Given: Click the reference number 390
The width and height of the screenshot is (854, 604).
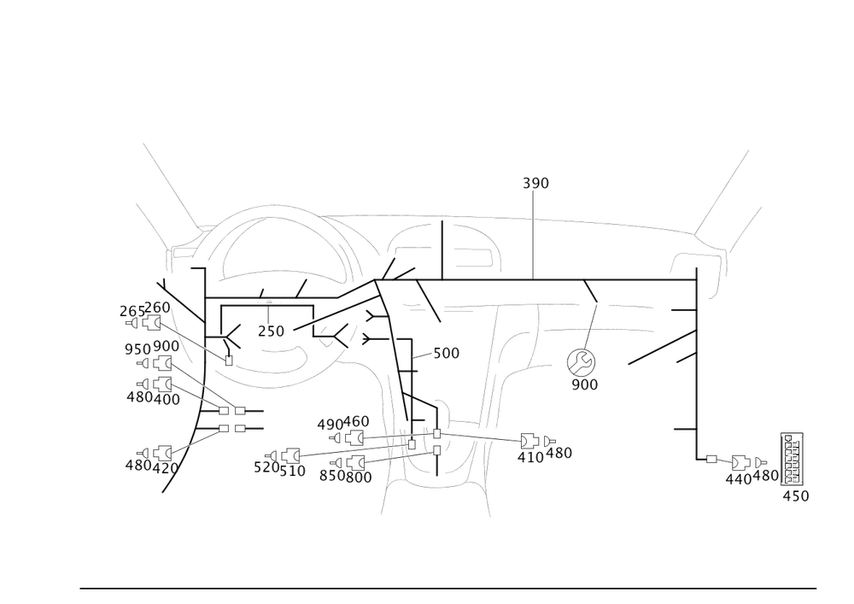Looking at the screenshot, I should pos(535,182).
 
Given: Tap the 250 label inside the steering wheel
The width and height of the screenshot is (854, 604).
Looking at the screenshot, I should pos(271,331).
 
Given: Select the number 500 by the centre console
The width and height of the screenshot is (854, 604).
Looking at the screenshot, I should pos(447,353).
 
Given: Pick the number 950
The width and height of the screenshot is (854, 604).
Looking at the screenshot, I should pos(137,349).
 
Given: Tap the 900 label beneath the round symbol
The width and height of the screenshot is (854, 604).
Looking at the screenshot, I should pos(584,385).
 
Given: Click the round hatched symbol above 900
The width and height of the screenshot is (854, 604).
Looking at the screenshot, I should pos(584,362).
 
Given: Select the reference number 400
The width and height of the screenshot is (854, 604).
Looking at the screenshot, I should pos(167,398).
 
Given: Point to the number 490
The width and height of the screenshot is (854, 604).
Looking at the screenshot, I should pos(329,424).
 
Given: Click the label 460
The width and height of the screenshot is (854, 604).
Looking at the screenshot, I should pos(356,422).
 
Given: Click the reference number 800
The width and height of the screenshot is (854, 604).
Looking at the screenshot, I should pos(358,475).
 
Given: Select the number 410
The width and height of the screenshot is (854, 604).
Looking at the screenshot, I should pos(529,457).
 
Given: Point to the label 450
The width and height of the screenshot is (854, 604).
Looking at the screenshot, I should pos(795,496).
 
